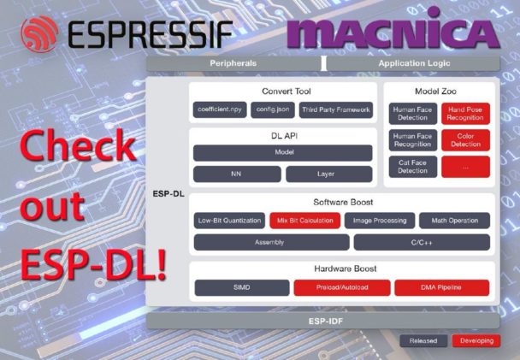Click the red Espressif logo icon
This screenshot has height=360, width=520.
(x=39, y=34)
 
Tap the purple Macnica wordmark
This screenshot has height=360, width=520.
(x=393, y=28)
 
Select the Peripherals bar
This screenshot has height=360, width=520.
(x=233, y=63)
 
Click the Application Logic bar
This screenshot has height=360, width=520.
(x=414, y=63)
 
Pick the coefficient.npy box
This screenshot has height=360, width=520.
(x=220, y=109)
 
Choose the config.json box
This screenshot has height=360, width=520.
(x=273, y=109)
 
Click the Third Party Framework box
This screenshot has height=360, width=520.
(x=336, y=109)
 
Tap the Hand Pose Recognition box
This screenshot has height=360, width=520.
(x=465, y=114)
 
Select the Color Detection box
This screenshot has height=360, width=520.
(x=465, y=140)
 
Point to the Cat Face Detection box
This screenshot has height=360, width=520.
(x=412, y=167)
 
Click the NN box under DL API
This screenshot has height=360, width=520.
(x=237, y=174)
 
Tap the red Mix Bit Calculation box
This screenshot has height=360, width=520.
(x=304, y=221)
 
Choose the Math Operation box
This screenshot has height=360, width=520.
(x=454, y=221)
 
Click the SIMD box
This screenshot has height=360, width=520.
(x=242, y=287)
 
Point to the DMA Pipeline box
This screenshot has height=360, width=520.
(x=441, y=287)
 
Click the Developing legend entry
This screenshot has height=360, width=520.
(x=476, y=341)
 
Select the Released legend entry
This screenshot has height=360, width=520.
(x=423, y=341)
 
